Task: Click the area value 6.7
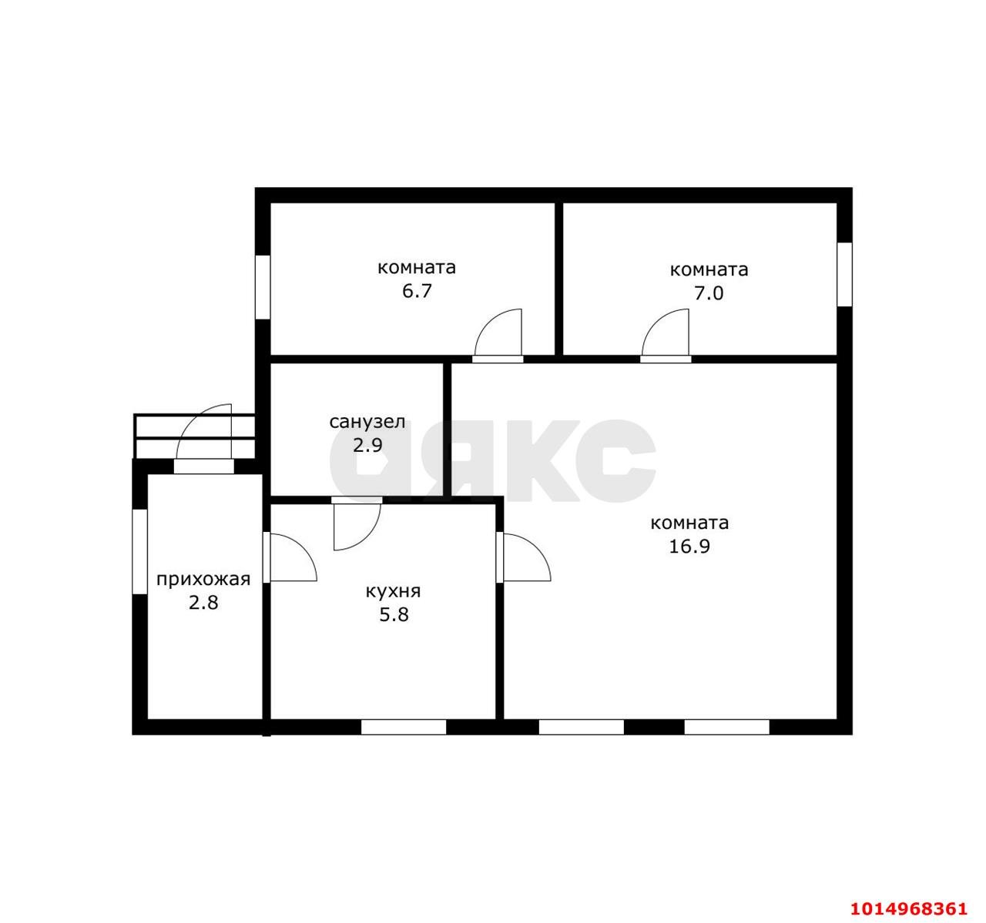tap(417, 291)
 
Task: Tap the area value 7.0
tap(709, 293)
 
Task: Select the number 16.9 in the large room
tap(689, 547)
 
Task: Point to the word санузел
tap(367, 422)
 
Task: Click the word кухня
tap(393, 591)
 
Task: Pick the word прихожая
tap(203, 579)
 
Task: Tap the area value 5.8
tap(394, 615)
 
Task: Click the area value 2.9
tap(367, 445)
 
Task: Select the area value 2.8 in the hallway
tap(203, 603)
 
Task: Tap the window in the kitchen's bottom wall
tap(403, 727)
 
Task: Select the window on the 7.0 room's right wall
tap(844, 274)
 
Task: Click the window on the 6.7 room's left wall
tap(263, 287)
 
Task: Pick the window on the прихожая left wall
tap(140, 551)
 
